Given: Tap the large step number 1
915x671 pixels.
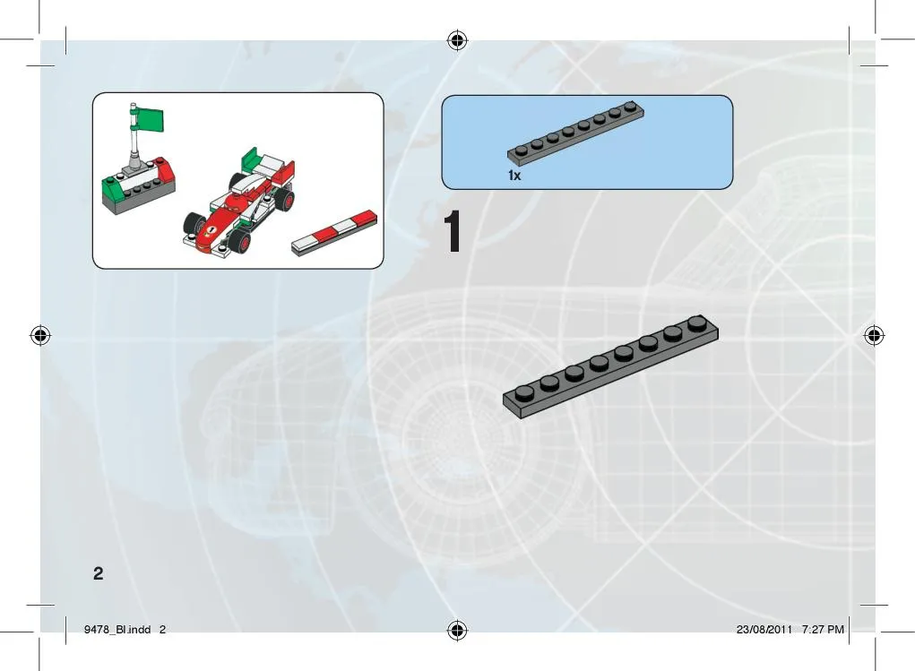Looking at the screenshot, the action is [453, 232].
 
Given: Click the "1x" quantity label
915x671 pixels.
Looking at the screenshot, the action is [514, 175].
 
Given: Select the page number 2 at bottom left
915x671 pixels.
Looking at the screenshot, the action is [98, 573].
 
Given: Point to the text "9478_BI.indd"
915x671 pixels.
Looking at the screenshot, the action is [117, 630].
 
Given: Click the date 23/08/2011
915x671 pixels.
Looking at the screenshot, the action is [764, 630].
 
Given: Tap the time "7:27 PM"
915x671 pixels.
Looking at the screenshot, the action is [823, 630].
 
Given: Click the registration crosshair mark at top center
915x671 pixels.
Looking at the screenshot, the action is [457, 41].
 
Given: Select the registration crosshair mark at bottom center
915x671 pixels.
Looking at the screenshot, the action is [457, 630].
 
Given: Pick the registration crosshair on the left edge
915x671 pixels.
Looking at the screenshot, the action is [40, 335].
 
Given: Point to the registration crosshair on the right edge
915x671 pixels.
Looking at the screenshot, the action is [874, 335].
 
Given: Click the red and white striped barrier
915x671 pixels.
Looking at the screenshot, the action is [333, 232].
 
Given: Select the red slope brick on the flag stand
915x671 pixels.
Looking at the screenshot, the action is [164, 171].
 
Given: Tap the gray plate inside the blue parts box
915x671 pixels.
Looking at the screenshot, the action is [575, 133].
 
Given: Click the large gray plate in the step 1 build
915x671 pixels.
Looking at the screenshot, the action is [610, 366].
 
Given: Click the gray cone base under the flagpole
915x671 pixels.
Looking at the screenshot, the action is [134, 161].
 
